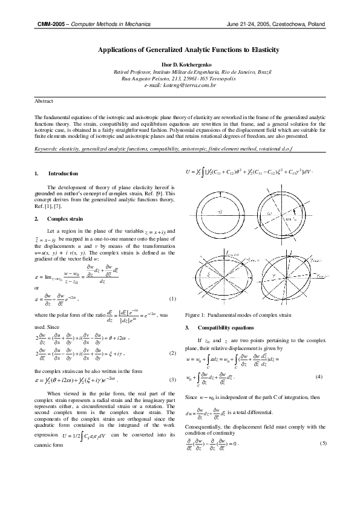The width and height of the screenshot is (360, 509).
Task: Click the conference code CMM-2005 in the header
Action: click(x=50, y=24)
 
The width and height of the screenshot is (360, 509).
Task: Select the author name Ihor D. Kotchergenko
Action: click(x=180, y=64)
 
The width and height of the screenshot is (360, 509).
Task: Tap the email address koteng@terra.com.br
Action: click(x=180, y=86)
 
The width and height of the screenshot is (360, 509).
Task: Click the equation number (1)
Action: click(x=172, y=282)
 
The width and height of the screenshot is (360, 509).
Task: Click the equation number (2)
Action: click(x=172, y=352)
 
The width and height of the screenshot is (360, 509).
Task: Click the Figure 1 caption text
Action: click(x=240, y=316)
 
